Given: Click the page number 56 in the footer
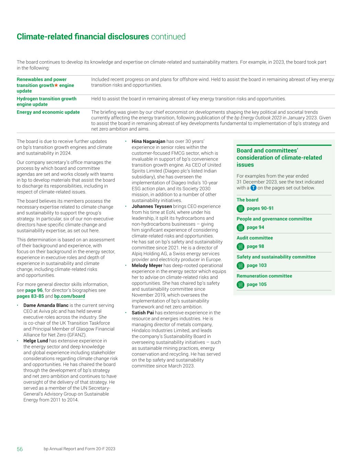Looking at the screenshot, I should (x=20, y=449).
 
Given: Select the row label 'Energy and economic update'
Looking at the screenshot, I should (x=48, y=112).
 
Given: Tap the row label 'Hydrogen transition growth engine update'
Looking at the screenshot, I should (x=46, y=101).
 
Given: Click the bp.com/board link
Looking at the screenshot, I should (x=69, y=296).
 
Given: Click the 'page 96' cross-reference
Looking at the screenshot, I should (x=34, y=290).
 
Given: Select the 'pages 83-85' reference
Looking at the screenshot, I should (x=30, y=296).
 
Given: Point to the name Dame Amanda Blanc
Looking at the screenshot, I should (x=46, y=305).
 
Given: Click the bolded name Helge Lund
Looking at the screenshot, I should (x=35, y=341).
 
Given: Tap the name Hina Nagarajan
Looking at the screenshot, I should (x=148, y=141).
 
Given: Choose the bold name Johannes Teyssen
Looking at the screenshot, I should (x=151, y=206).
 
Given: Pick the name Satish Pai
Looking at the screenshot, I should (x=143, y=313).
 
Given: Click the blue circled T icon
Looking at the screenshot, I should (x=254, y=188).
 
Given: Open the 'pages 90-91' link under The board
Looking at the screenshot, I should (x=260, y=208).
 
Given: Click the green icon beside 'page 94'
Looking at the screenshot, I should (x=240, y=227).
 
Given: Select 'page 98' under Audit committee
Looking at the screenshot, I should (x=255, y=246).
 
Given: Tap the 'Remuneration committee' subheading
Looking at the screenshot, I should (x=264, y=276).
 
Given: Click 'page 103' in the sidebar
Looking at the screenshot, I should (x=257, y=265).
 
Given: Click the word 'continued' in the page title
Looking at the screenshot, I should (x=168, y=37).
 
